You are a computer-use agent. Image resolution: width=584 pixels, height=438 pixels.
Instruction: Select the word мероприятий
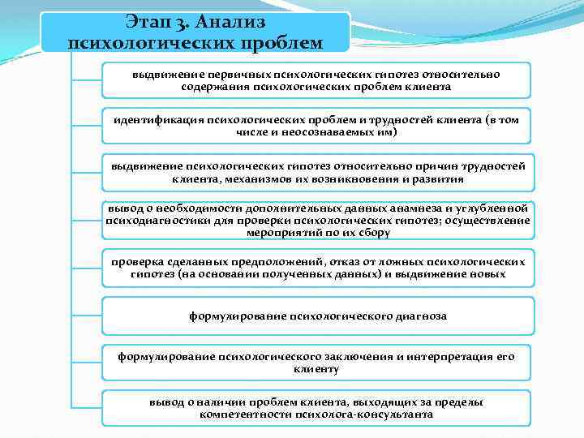pos(279,232)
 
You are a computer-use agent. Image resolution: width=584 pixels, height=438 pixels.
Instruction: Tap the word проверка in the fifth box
pos(137,262)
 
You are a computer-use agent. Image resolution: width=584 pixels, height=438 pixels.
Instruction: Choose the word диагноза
pos(416,316)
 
